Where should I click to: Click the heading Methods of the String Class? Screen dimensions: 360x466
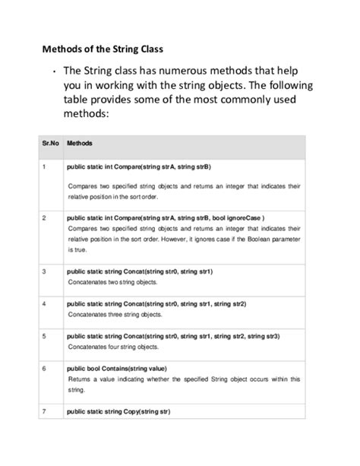coord(102,50)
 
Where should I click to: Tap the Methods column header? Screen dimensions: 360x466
coord(81,143)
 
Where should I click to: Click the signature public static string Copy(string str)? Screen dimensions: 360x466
coord(118,411)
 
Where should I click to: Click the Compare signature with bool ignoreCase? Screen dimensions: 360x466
coord(166,217)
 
